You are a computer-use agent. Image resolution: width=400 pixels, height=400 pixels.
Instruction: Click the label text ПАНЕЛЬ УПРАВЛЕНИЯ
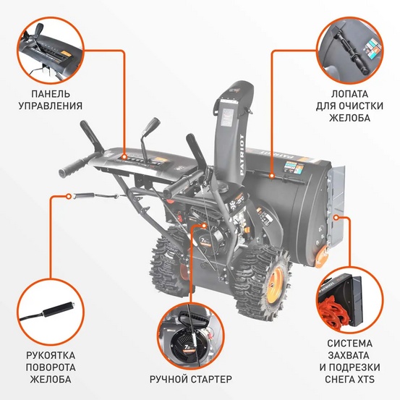pyautogui.click(x=56, y=99)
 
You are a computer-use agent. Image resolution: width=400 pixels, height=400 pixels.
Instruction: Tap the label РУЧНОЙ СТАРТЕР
pyautogui.click(x=191, y=379)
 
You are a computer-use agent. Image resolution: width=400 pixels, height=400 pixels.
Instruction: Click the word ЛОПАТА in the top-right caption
pyautogui.click(x=344, y=93)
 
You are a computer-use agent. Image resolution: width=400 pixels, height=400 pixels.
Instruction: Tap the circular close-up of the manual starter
pyautogui.click(x=191, y=333)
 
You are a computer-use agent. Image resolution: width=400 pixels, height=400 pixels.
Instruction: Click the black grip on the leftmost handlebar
pyautogui.click(x=69, y=169)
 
